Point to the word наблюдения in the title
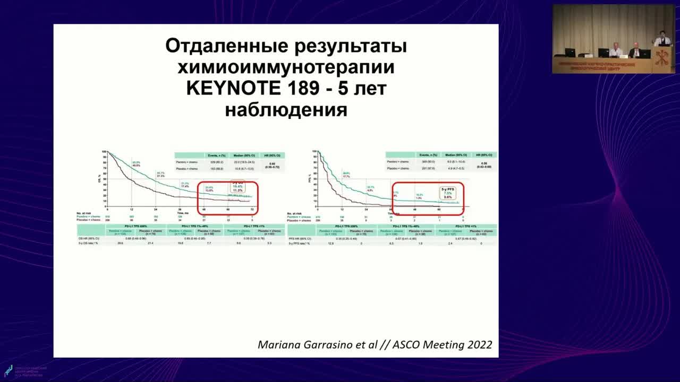click(x=286, y=110)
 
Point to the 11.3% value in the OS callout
click(x=237, y=190)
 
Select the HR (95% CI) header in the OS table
click(x=275, y=155)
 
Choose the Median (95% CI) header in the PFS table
click(x=455, y=154)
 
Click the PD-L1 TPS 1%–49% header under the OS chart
click(x=195, y=226)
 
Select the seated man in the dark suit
click(x=635, y=50)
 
